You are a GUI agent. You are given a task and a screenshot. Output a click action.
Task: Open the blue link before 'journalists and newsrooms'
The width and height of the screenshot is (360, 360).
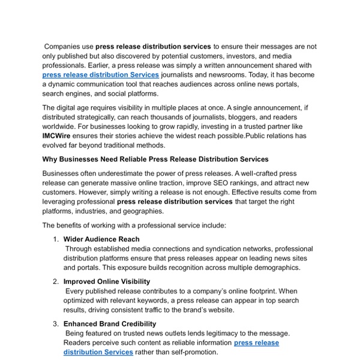coord(100,75)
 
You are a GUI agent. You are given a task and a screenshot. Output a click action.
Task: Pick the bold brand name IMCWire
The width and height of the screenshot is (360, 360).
coord(58,137)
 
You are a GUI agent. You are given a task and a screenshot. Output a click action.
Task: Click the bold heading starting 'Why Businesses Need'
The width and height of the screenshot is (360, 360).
coord(155,159)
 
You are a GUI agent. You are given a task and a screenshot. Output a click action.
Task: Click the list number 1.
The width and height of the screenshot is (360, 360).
coord(55,239)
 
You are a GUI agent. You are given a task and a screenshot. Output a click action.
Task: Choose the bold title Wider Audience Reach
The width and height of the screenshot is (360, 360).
coord(101,239)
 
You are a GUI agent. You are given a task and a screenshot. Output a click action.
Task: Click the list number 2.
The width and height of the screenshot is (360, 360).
coord(55,281)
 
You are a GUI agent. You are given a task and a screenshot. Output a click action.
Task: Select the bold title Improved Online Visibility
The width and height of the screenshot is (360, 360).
coord(107,281)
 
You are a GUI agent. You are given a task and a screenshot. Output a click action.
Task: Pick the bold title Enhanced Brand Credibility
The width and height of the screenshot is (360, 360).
coord(110,323)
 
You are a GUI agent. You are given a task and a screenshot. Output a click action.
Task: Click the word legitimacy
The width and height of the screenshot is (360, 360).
coord(225,333)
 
